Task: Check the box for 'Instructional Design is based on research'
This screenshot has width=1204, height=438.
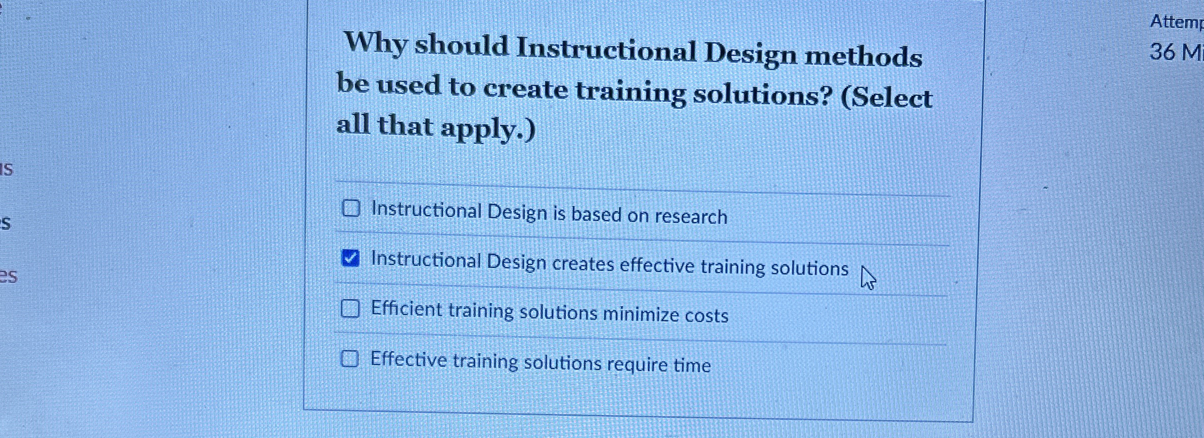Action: [351, 208]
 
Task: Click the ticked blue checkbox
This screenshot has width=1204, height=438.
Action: [350, 258]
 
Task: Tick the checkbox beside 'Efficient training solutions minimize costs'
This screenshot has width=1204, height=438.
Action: [350, 309]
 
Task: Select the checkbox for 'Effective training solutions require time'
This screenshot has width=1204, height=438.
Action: [350, 359]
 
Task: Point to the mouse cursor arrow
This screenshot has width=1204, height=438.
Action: [867, 277]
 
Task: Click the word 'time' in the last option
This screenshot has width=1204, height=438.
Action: [692, 365]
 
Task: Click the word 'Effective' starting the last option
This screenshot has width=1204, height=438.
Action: [408, 359]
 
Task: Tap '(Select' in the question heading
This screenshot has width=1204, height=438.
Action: [886, 97]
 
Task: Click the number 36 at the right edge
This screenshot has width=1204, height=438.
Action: [1162, 52]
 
